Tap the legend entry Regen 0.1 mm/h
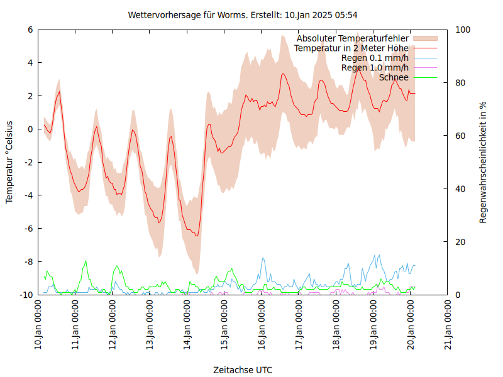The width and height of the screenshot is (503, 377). pyautogui.click(x=375, y=58)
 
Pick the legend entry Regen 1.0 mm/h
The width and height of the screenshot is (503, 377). pyautogui.click(x=375, y=68)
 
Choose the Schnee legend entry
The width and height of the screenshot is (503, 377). pyautogui.click(x=394, y=77)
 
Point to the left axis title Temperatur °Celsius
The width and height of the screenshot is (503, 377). pyautogui.click(x=9, y=161)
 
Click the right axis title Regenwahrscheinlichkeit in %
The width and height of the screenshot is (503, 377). pyautogui.click(x=484, y=162)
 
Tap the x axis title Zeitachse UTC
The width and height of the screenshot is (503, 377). pyautogui.click(x=243, y=369)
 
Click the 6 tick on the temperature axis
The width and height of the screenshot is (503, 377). pyautogui.click(x=30, y=30)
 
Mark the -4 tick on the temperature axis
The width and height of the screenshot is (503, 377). pyautogui.click(x=28, y=195)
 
